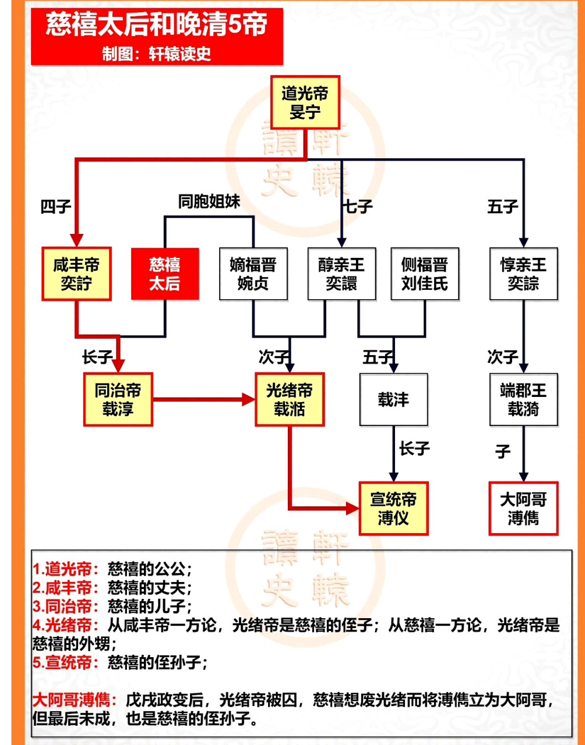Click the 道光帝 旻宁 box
click(305, 102)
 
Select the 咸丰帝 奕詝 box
click(76, 274)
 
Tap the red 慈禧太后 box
click(165, 274)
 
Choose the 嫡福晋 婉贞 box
click(253, 274)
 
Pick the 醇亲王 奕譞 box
click(341, 274)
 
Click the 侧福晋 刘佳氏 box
click(425, 274)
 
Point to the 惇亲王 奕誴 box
click(524, 274)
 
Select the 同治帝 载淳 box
click(118, 399)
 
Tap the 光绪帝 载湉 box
click(290, 399)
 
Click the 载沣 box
click(393, 399)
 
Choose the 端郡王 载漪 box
click(524, 399)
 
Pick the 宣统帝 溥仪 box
click(393, 508)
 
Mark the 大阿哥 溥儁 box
click(524, 508)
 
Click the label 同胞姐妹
click(209, 201)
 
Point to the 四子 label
click(56, 206)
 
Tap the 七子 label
click(358, 206)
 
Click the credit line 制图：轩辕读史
click(157, 54)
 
